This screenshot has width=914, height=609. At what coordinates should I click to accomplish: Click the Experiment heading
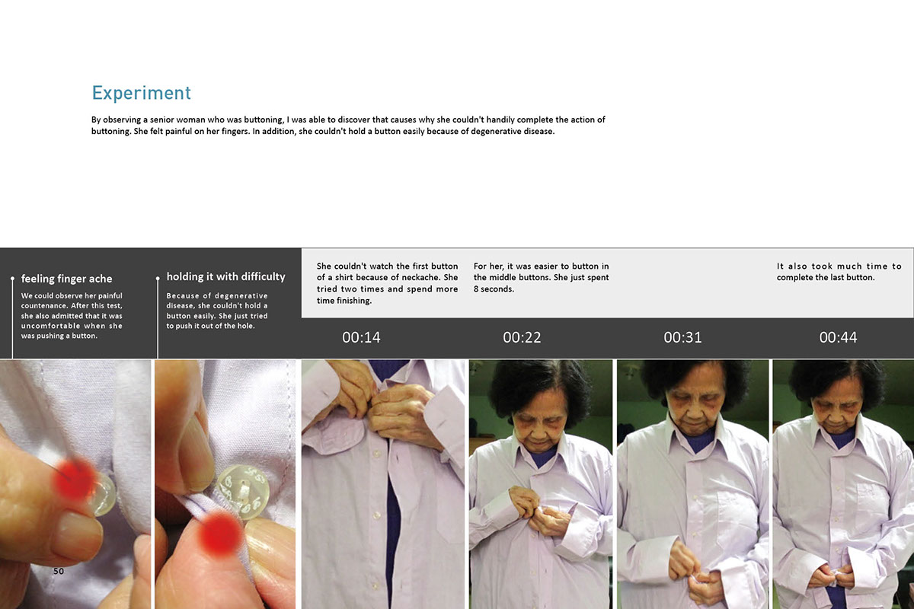point(141,93)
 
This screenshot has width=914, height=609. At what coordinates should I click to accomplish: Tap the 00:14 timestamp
point(361,337)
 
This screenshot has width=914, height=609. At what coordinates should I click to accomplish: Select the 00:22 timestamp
point(522,337)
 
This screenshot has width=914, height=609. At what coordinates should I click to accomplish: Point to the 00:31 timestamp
point(682,337)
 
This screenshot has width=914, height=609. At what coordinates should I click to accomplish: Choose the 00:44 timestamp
point(838,337)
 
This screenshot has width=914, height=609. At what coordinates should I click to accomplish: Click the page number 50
point(59,571)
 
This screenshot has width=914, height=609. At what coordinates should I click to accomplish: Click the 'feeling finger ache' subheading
point(67,279)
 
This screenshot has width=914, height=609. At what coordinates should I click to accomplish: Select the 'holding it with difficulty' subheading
point(225,276)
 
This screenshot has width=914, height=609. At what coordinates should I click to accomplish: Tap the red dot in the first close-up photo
point(75,477)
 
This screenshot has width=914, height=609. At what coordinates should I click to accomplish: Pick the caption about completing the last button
point(838,272)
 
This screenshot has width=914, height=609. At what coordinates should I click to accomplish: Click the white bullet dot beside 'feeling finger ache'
point(13,279)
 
